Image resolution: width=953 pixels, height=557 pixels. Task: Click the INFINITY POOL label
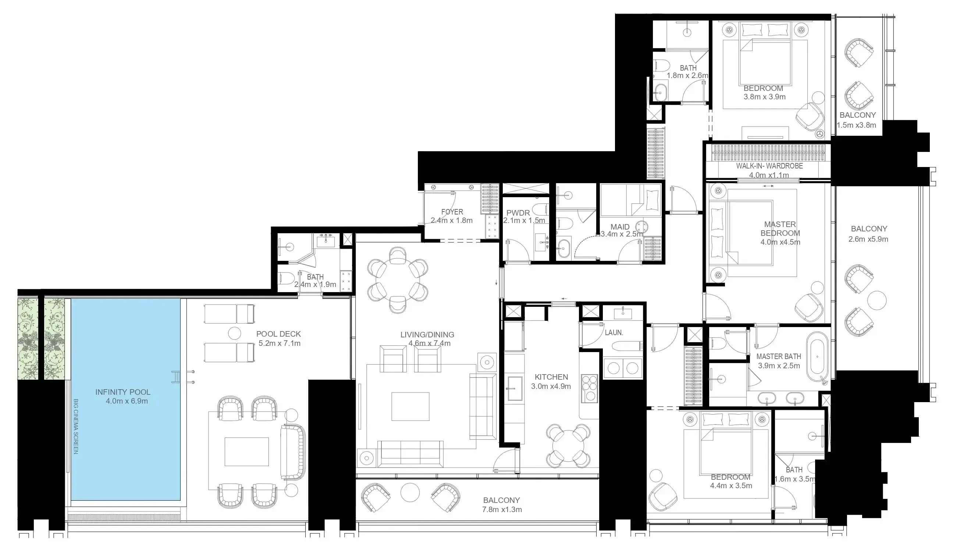click(x=123, y=392)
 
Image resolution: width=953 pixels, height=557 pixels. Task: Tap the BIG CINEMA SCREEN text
click(x=76, y=426)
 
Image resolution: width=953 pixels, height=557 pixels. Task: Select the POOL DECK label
click(x=278, y=334)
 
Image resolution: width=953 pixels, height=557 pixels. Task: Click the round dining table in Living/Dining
click(x=398, y=280)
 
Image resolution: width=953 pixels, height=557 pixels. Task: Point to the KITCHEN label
click(x=551, y=377)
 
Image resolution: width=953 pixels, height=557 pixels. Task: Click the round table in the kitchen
click(x=568, y=446)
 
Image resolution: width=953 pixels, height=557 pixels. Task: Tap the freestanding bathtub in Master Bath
click(x=817, y=357)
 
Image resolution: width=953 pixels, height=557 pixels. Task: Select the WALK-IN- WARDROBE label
click(x=769, y=166)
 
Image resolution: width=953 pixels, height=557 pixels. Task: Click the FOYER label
click(x=452, y=212)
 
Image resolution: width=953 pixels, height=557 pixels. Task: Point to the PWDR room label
click(x=518, y=213)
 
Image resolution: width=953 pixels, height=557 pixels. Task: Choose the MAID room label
click(x=620, y=227)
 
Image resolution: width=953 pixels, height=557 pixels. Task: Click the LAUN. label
click(x=614, y=333)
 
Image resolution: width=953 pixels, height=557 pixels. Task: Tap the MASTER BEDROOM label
click(x=780, y=229)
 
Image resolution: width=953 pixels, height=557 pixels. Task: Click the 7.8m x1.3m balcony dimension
click(x=502, y=510)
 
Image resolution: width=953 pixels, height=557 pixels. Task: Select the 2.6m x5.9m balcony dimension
click(x=869, y=240)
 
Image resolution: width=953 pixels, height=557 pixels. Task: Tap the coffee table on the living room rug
click(x=410, y=407)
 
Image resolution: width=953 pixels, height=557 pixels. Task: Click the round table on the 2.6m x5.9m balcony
click(x=876, y=301)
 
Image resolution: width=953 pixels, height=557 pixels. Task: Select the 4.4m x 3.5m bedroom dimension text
click(x=730, y=486)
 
